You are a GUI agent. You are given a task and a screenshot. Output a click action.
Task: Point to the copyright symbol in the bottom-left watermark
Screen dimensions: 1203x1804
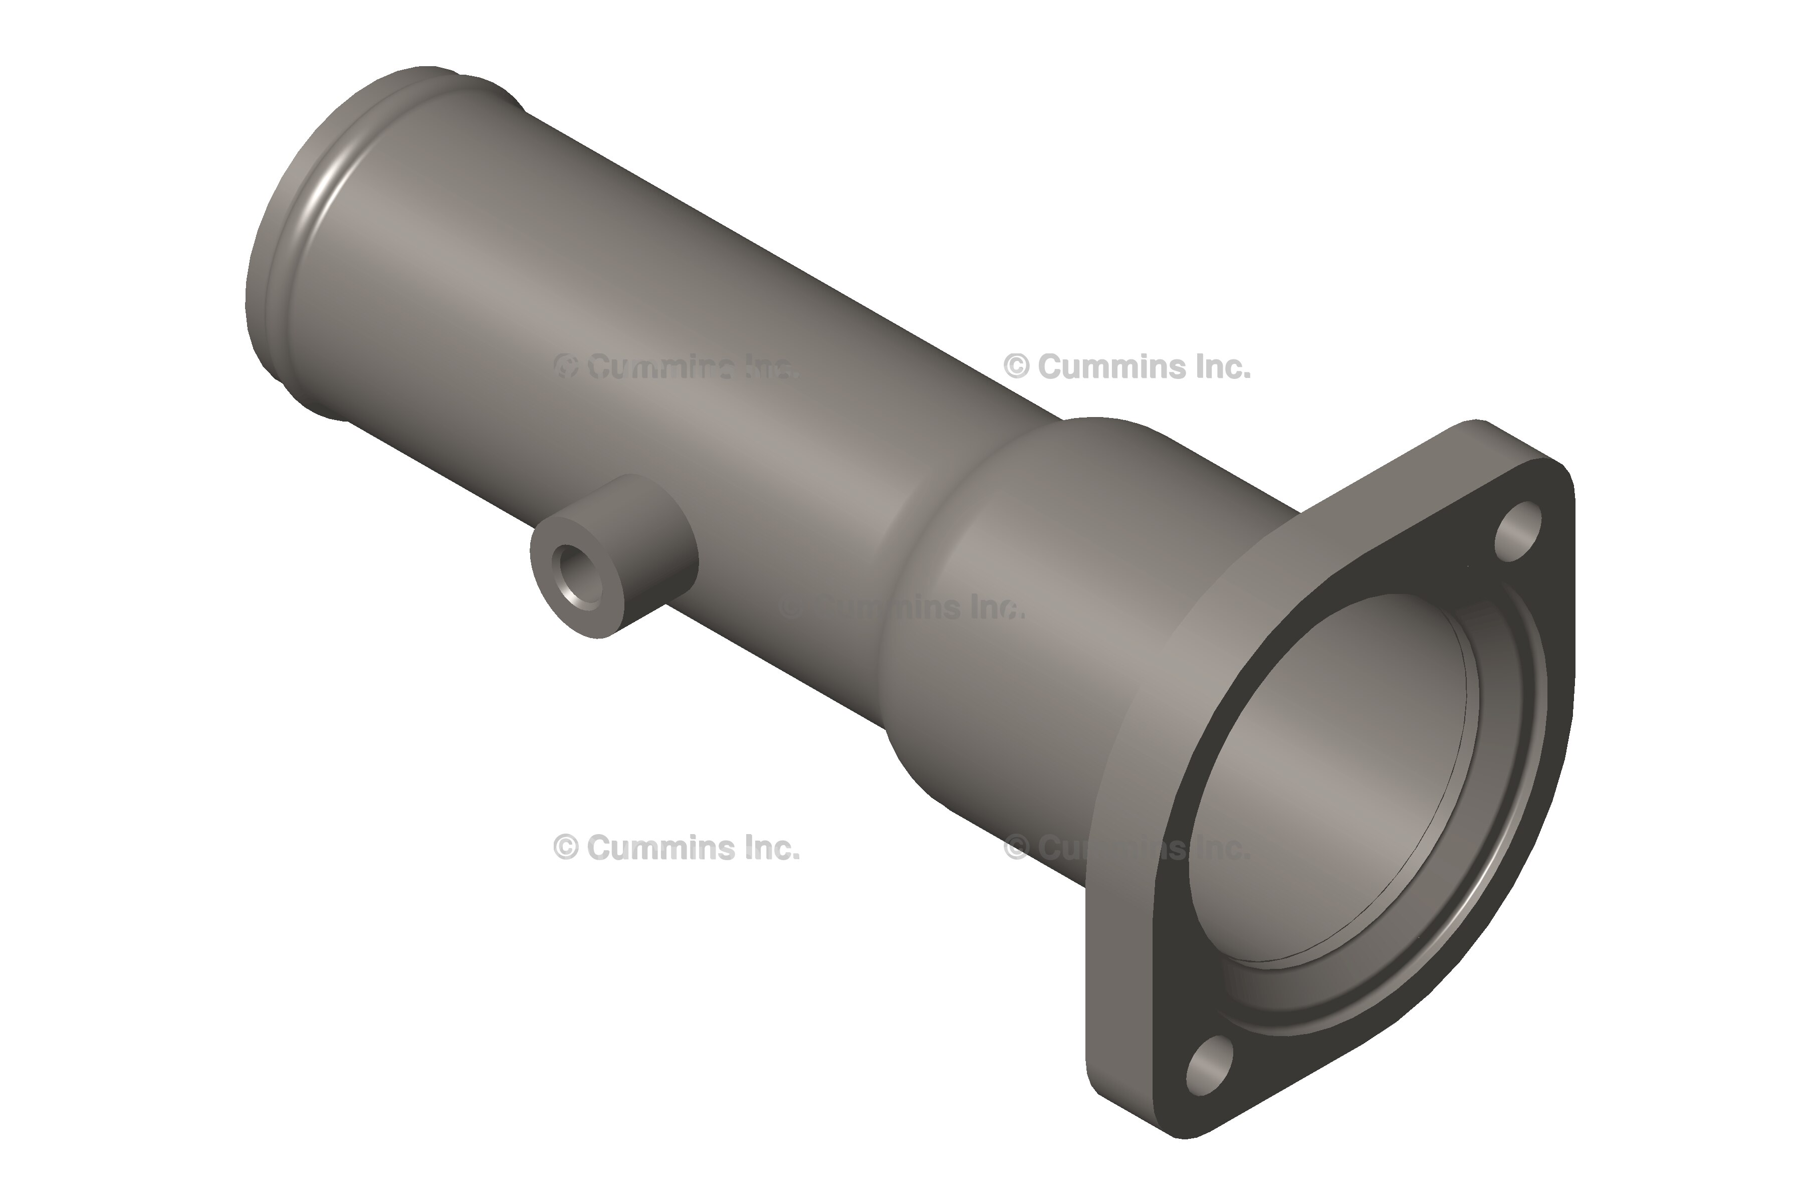[565, 848]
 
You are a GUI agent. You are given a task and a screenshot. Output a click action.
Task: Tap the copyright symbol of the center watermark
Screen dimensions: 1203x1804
[792, 608]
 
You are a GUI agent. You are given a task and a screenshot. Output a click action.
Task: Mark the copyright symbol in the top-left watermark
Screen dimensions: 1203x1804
[565, 367]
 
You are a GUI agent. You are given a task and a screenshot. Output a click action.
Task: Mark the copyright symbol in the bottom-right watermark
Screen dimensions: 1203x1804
[1016, 848]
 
